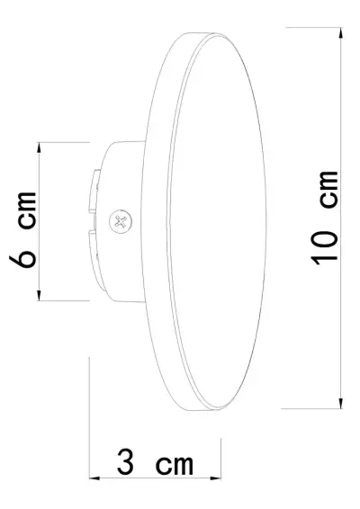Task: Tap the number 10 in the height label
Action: (x=325, y=244)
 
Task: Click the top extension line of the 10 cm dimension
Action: (x=315, y=28)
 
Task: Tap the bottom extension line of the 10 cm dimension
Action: (x=315, y=407)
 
